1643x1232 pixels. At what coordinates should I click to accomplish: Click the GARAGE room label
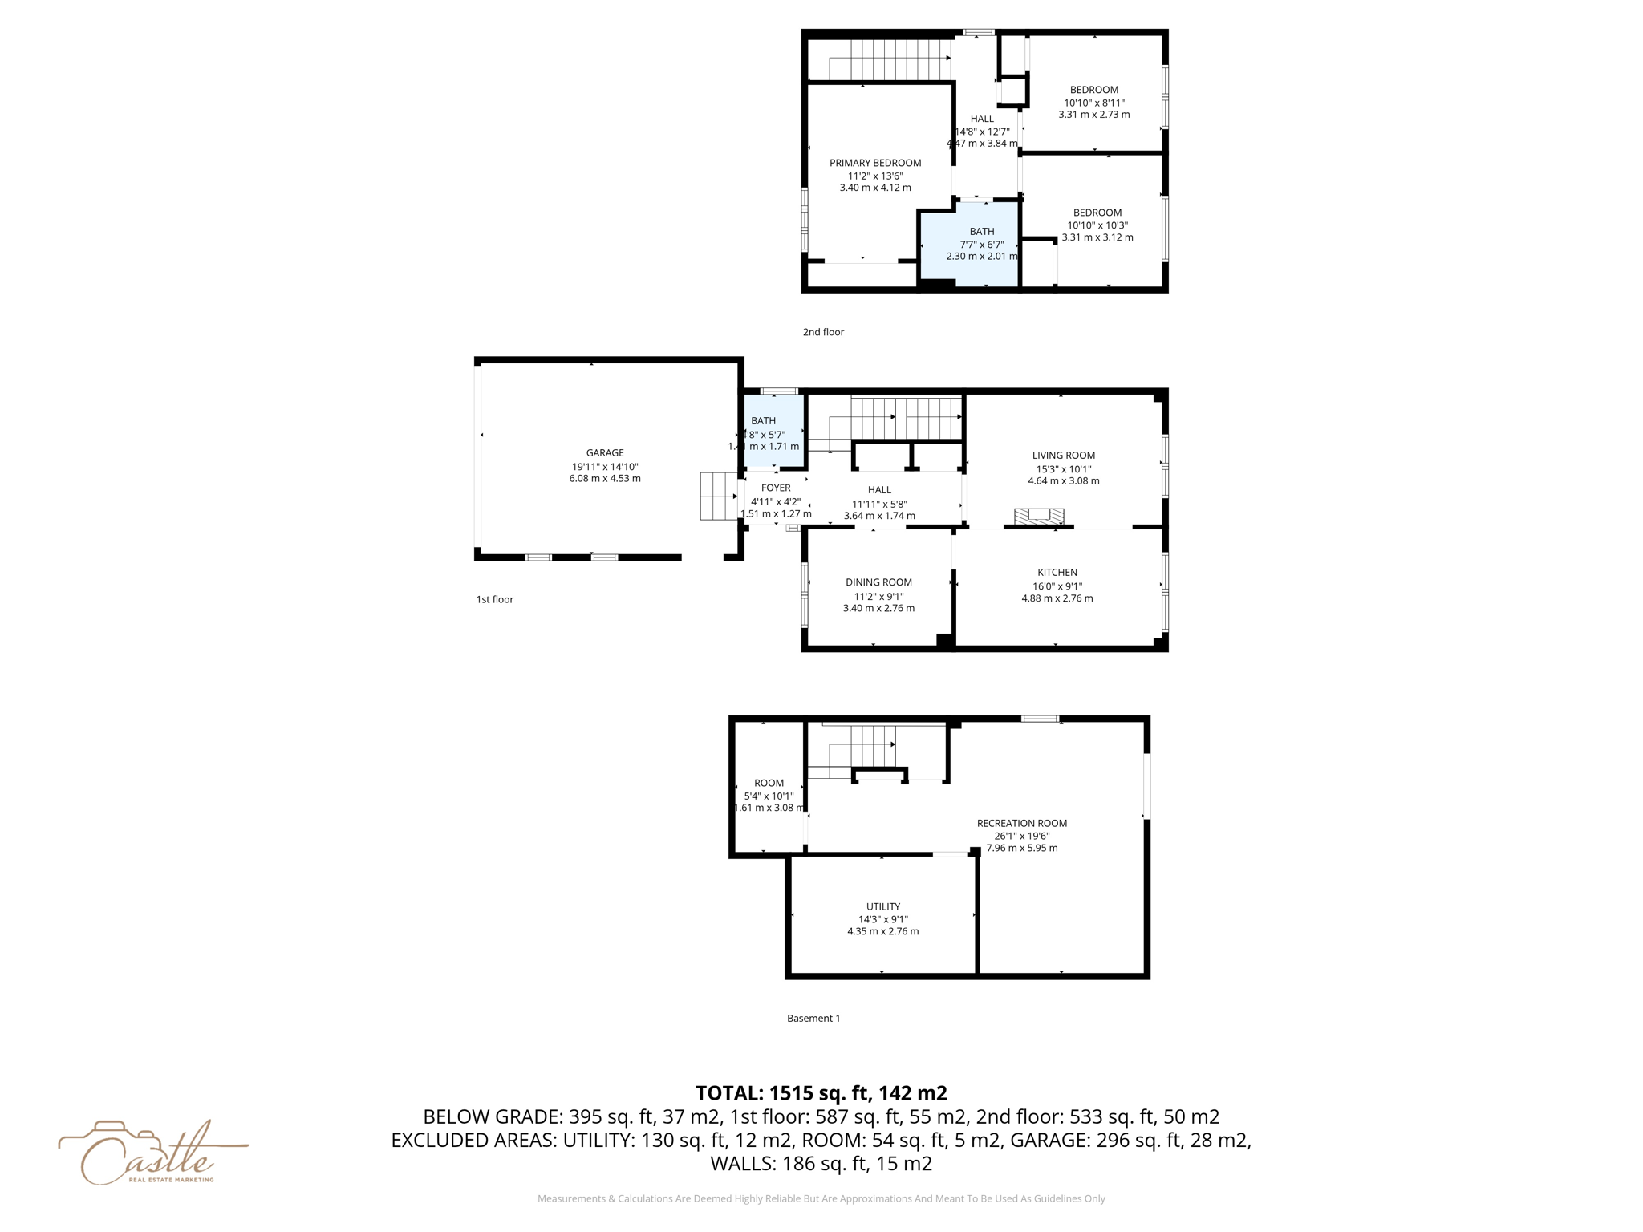point(604,453)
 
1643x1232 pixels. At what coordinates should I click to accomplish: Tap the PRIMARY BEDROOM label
point(874,163)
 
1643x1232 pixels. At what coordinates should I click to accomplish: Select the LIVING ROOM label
point(1063,456)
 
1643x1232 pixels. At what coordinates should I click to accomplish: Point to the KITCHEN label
point(1057,573)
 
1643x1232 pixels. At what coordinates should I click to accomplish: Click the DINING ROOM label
point(878,582)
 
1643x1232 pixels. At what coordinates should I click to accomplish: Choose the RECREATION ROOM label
point(1021,823)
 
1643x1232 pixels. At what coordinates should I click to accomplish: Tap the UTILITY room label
point(882,906)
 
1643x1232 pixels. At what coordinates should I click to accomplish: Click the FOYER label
point(775,488)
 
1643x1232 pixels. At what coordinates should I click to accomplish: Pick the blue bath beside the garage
point(774,430)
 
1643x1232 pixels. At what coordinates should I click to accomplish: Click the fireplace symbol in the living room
point(1039,516)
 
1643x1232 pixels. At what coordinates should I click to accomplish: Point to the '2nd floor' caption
point(823,332)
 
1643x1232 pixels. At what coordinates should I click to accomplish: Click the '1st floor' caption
point(494,599)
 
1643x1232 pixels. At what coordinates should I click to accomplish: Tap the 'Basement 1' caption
point(813,1018)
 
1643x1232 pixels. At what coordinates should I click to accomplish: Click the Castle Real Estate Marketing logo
point(152,1153)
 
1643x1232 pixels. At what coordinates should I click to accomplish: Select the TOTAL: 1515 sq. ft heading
point(821,1093)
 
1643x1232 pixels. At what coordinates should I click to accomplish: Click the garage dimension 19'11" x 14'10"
point(604,467)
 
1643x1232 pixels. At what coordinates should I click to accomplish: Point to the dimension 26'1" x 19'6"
point(1021,836)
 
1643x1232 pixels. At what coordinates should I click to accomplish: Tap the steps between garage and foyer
point(719,496)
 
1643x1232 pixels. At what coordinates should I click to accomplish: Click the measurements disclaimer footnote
point(821,1198)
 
